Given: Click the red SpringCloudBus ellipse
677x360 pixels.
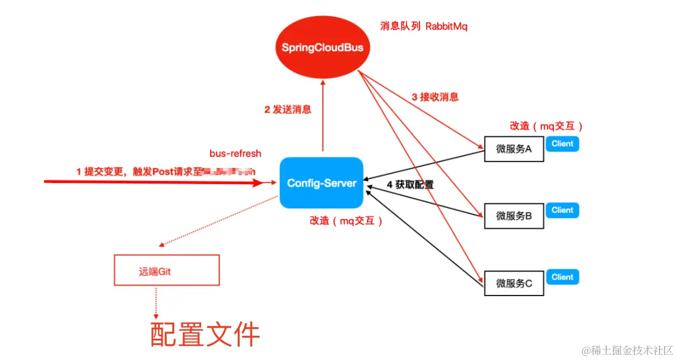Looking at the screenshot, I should [322, 47].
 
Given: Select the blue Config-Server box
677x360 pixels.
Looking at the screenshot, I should [322, 183].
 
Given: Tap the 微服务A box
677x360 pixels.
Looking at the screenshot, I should [514, 150].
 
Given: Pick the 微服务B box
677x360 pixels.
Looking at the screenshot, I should [514, 216].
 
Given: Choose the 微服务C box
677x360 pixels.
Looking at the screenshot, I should [514, 283].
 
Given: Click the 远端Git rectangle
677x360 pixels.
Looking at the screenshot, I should [167, 271].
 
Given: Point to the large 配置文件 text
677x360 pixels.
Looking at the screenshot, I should [205, 334].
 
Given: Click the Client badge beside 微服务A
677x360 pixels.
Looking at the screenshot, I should [562, 144].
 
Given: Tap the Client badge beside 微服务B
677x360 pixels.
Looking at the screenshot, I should [562, 210].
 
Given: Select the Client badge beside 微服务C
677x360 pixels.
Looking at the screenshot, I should [562, 277].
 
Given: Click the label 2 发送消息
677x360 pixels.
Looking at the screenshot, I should [287, 109].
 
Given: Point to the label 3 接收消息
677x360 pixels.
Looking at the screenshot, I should [435, 97].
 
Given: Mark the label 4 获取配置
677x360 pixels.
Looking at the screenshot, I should [410, 185].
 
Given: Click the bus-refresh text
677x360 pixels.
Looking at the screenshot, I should [235, 154].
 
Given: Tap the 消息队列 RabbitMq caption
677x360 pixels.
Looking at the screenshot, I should [424, 26].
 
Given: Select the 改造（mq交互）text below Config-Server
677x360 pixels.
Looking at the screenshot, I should [347, 220].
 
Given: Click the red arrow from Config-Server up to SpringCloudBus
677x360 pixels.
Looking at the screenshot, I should [323, 115].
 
